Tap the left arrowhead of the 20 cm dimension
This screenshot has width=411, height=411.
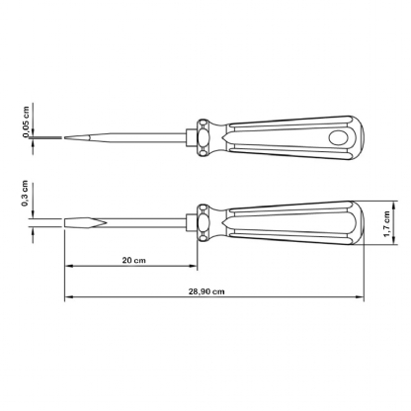(69, 267)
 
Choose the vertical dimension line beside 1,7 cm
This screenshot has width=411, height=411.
(379, 222)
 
